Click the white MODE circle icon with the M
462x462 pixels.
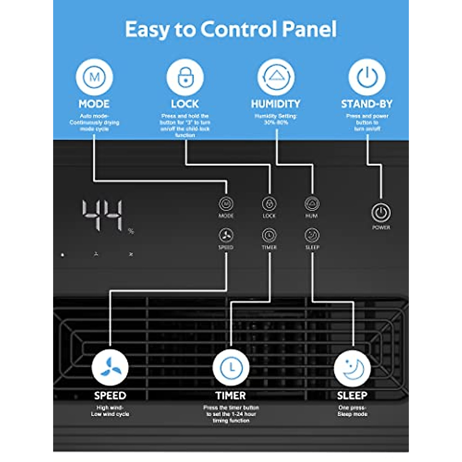94,77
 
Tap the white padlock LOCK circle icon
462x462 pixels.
185,77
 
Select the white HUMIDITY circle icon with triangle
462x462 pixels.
276,77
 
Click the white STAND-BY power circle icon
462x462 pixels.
367,77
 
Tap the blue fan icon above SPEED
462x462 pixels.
110,368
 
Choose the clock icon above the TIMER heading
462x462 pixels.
231,368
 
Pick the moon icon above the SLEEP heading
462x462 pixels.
352,368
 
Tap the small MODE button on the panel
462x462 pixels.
226,204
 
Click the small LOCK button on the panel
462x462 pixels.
269,204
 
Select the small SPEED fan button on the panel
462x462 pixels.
226,235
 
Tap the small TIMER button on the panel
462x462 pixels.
269,235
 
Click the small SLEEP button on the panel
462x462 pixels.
312,235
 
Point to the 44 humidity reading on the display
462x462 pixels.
102,216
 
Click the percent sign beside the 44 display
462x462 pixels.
131,231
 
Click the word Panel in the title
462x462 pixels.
309,29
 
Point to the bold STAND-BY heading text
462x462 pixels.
367,104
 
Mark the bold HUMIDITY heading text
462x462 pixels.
276,104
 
